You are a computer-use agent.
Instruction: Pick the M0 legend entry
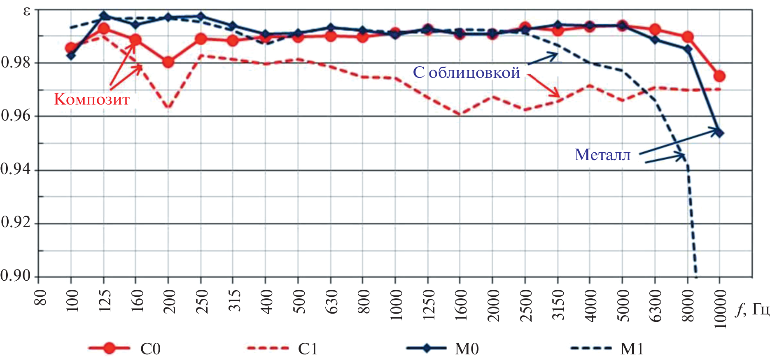click(x=443, y=349)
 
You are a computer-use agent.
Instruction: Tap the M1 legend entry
click(x=607, y=349)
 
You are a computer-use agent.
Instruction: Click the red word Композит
click(x=92, y=99)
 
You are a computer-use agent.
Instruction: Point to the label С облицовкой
click(x=467, y=72)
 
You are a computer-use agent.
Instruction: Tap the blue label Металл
click(x=602, y=155)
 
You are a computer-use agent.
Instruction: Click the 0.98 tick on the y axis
click(x=16, y=63)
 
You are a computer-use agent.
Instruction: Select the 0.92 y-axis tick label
click(x=16, y=223)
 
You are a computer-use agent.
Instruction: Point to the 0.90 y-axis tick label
click(x=16, y=276)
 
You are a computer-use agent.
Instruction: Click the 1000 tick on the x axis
click(x=396, y=305)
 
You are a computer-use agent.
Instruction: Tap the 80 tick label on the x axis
click(x=40, y=297)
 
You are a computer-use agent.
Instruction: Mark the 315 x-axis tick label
click(x=233, y=300)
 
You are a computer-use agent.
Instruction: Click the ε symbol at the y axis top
click(x=27, y=11)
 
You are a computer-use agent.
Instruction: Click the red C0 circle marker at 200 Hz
click(x=168, y=62)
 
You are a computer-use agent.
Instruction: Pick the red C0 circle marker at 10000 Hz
click(x=719, y=76)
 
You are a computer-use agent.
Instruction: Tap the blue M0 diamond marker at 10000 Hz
click(x=719, y=133)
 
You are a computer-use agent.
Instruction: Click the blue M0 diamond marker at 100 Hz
click(x=71, y=55)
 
